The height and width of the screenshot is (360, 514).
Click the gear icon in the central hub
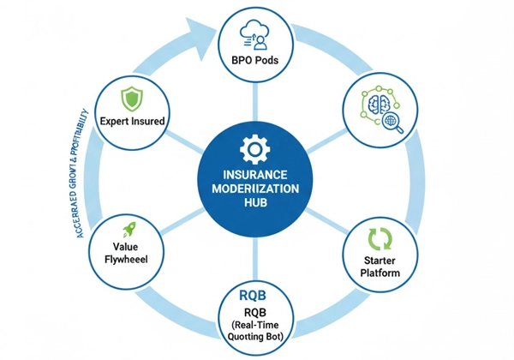point(254,152)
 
